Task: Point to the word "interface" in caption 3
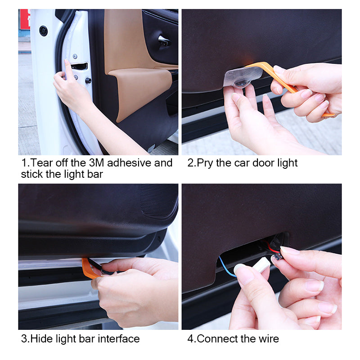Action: [x=117, y=338]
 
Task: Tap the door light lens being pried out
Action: [x=242, y=76]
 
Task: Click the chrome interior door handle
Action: [x=164, y=41]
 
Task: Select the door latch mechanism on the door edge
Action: [x=79, y=66]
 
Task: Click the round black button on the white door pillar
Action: [x=43, y=31]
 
